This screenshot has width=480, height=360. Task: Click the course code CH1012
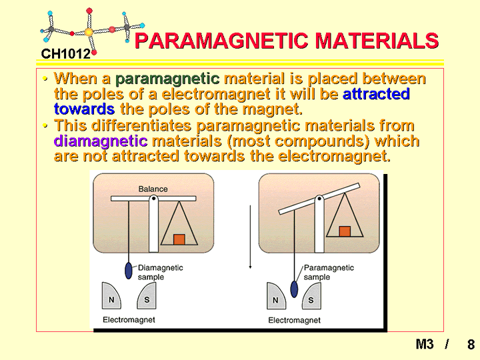pos(66,54)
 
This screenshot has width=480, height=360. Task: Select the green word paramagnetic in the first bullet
pos(167,79)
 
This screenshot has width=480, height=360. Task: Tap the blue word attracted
pos(376,94)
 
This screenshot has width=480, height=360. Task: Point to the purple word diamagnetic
pos(101,141)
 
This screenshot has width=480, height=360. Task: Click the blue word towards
pos(84,109)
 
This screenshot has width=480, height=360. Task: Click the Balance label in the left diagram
pos(153,189)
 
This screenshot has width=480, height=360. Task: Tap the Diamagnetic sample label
pos(160,272)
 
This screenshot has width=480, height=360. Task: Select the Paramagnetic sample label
pos(329,272)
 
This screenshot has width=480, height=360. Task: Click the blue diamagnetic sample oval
pos(129,271)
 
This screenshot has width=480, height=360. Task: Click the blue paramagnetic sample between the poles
pos(294,289)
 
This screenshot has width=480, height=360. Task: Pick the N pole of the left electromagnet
pos(111,296)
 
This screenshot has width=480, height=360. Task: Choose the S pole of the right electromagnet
pos(311,296)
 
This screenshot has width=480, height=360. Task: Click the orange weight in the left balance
pos(179,239)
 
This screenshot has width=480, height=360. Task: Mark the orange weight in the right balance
pos(345,231)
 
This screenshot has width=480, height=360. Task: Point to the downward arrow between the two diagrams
pos(251,237)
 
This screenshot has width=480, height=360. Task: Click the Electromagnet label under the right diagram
pos(294,320)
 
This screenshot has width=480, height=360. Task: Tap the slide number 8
pos(471,345)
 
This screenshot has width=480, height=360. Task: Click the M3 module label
pos(425,344)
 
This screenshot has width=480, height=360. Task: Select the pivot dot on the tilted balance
pos(319,199)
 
